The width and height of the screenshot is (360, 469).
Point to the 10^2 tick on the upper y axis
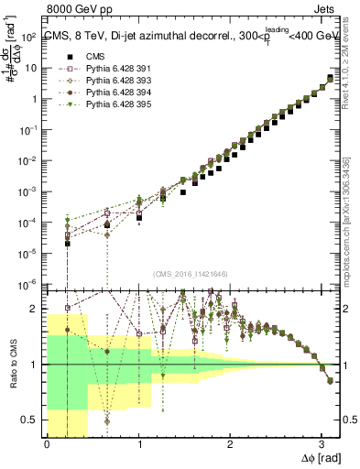click(28, 38)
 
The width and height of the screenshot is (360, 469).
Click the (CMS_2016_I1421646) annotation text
click(192, 274)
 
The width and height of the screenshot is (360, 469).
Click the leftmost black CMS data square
click(68, 244)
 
